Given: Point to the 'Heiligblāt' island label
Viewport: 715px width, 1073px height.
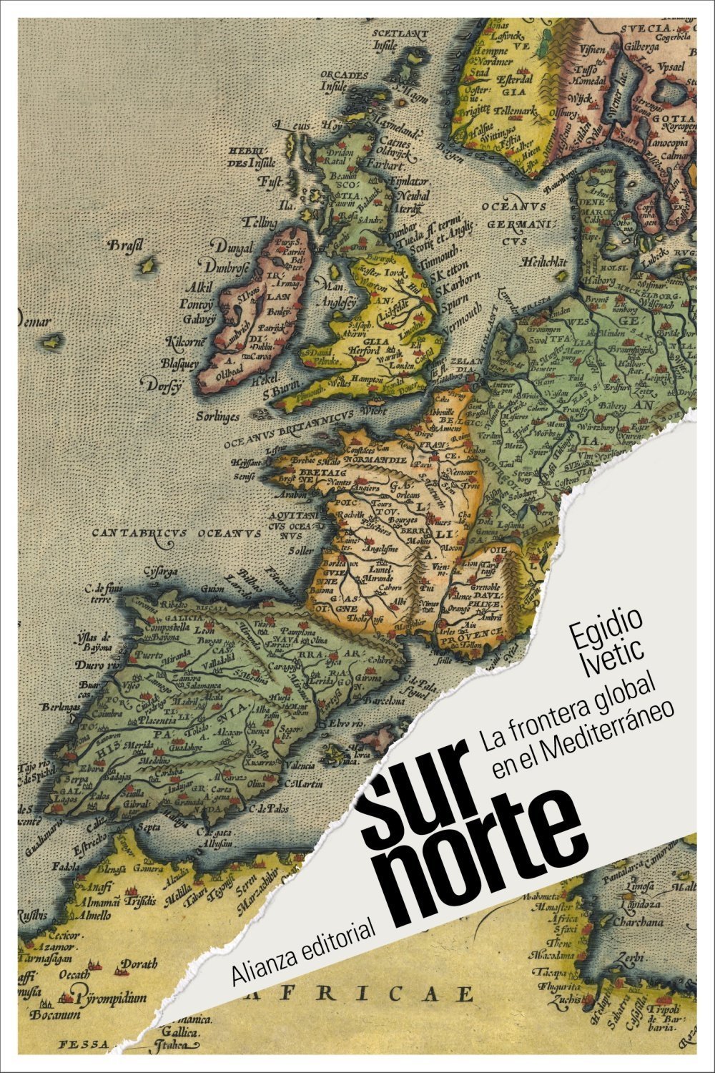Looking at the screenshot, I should click(x=545, y=262).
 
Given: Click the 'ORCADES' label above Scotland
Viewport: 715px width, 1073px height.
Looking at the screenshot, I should click(x=344, y=74).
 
